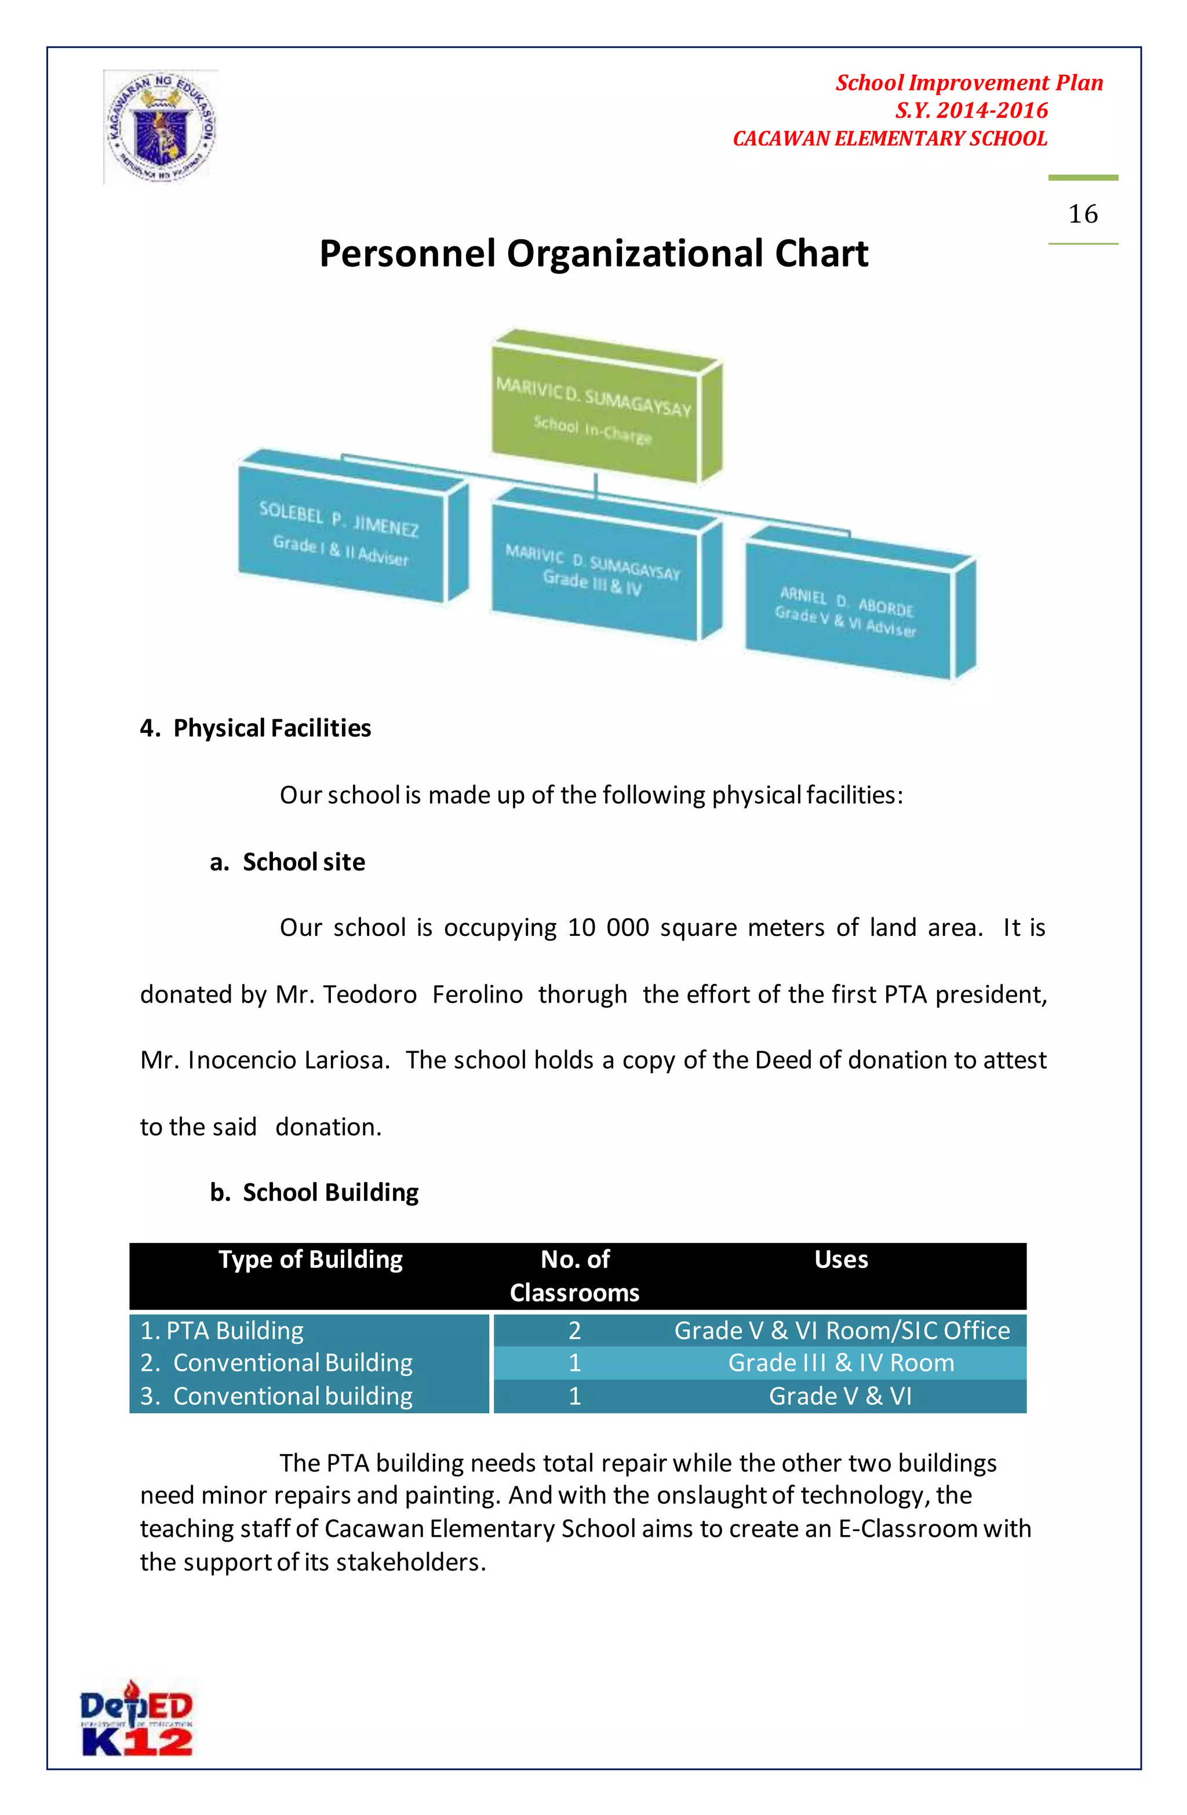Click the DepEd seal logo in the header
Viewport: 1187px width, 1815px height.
point(161,126)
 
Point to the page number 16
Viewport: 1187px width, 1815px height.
point(1083,214)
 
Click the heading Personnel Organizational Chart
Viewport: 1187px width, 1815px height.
point(593,253)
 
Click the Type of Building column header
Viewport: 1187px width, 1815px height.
point(311,1259)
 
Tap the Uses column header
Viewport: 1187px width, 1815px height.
point(840,1259)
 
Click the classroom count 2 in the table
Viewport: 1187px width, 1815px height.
point(574,1331)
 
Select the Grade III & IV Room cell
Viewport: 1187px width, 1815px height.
point(840,1363)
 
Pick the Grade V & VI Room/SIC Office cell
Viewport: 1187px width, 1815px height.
point(842,1331)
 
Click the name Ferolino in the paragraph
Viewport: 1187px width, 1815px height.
point(478,994)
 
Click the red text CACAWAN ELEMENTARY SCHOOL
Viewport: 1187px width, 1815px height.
point(890,139)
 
